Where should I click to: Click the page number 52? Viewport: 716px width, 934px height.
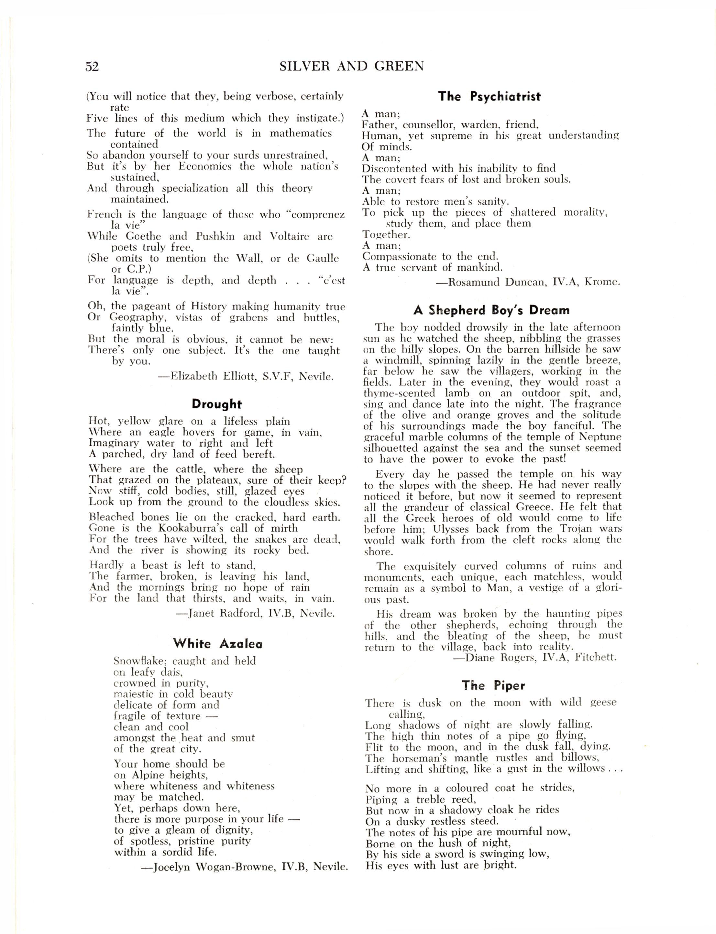[92, 67]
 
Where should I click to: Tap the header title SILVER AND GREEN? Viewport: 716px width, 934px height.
[352, 67]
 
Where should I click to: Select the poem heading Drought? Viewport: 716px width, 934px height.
[216, 404]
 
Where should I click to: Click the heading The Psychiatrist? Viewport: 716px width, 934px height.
[489, 97]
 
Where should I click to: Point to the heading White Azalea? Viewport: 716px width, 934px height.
[218, 644]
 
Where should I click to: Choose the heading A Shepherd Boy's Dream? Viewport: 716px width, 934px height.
[491, 310]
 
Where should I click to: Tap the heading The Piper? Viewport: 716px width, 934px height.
[493, 685]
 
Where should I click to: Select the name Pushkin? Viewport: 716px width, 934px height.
[215, 236]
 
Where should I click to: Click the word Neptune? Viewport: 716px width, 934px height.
[600, 436]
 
